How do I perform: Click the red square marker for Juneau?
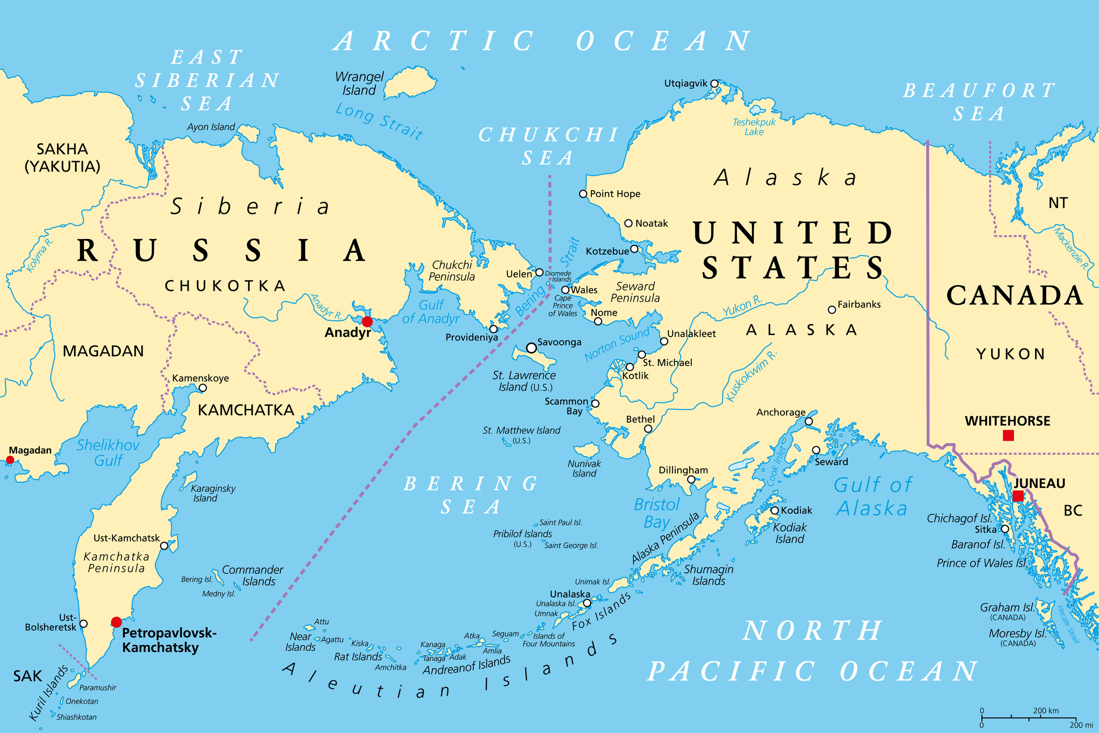[x=1018, y=496]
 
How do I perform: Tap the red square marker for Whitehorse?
[x=1008, y=435]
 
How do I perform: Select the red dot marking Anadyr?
[x=367, y=321]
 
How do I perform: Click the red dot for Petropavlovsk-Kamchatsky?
[x=117, y=622]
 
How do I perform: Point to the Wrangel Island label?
[x=359, y=83]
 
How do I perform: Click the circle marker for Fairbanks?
[x=832, y=309]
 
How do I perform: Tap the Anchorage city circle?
[x=809, y=421]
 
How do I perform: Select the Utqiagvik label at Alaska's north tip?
[x=686, y=83]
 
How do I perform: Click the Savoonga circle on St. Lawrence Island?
[x=531, y=348]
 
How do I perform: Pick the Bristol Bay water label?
[x=656, y=513]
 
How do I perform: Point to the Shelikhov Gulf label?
[x=108, y=452]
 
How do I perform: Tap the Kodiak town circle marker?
[x=775, y=511]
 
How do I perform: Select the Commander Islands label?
[x=253, y=575]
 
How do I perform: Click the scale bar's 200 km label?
[x=1046, y=711]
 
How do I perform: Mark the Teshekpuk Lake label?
[x=754, y=127]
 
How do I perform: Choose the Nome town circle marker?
[x=598, y=321]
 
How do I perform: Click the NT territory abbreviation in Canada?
[x=1058, y=203]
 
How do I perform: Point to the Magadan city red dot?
[x=10, y=460]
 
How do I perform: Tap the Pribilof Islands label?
[x=522, y=534]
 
